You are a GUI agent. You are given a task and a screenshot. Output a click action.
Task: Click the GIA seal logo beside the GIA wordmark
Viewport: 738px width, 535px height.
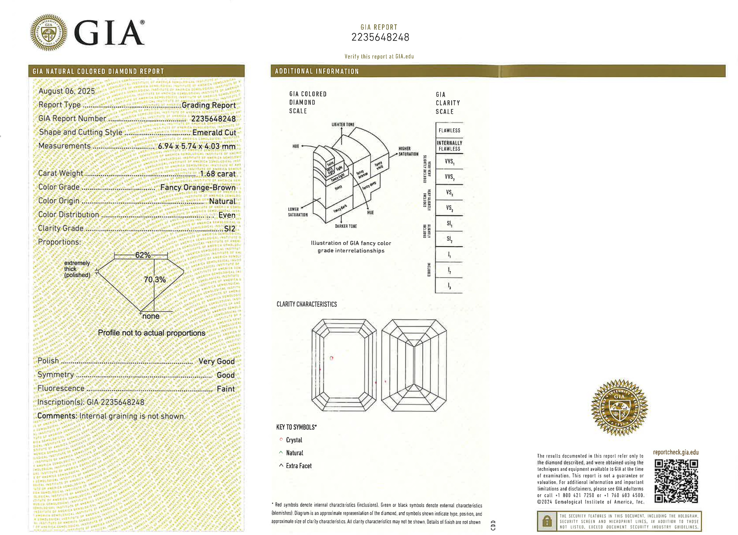click(x=49, y=32)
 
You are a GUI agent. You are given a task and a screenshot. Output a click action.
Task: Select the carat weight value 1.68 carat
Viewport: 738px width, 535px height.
click(x=217, y=174)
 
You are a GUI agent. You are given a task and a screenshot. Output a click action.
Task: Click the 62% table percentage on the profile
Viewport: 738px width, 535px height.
click(x=143, y=255)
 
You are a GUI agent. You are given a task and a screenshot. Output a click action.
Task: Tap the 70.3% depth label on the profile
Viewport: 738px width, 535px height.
click(x=155, y=280)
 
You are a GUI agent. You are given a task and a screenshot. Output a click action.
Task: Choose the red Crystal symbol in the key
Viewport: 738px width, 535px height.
click(x=281, y=440)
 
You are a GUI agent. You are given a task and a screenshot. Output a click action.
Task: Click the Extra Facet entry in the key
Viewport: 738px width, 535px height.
click(x=298, y=466)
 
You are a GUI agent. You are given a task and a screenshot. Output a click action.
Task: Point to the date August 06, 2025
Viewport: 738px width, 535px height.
click(x=67, y=91)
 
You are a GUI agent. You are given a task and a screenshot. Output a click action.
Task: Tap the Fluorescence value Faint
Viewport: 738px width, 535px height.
click(x=226, y=389)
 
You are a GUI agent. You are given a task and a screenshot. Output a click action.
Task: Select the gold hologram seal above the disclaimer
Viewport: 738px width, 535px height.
click(x=619, y=408)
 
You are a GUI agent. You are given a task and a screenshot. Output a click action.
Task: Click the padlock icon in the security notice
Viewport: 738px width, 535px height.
click(x=547, y=521)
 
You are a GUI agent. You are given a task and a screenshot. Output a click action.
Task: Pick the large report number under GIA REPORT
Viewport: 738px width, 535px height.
click(x=380, y=38)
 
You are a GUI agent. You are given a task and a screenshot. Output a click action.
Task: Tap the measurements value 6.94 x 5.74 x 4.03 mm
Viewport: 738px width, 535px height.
click(x=197, y=146)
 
